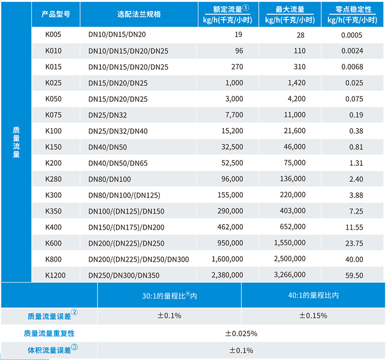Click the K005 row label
(x=53, y=35)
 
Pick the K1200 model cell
(x=56, y=275)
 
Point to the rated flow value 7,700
(x=233, y=115)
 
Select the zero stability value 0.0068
(x=352, y=67)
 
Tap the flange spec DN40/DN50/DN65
(x=118, y=163)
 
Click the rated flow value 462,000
(x=230, y=227)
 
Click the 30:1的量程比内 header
(x=169, y=296)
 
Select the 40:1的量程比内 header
(x=313, y=296)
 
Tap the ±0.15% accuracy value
(x=313, y=315)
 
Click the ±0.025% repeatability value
(x=241, y=333)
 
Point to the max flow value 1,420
(x=295, y=83)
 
